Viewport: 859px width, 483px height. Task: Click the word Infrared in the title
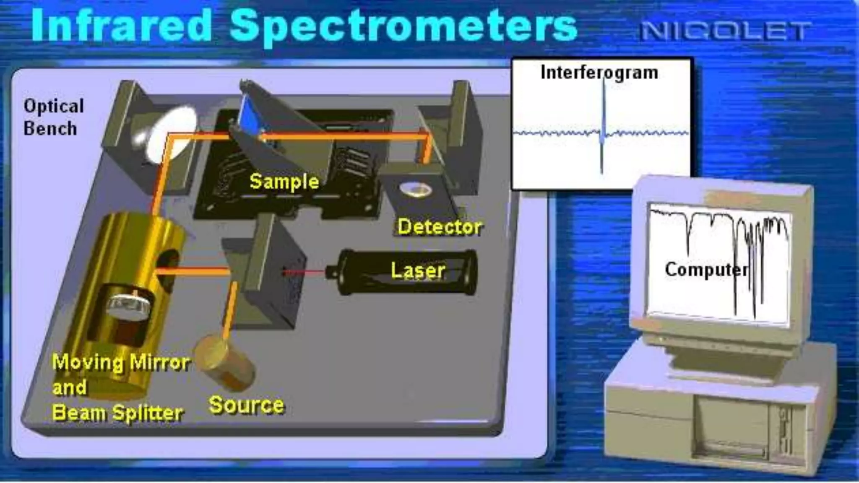click(122, 26)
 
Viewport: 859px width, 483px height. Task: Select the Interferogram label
click(599, 73)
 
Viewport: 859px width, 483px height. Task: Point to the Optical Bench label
click(53, 117)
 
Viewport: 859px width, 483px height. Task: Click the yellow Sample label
click(284, 182)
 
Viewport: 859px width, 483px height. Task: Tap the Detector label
click(440, 227)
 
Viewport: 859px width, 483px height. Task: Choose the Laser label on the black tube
click(418, 270)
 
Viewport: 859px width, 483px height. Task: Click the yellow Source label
click(246, 405)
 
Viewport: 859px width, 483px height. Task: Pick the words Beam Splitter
click(117, 413)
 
